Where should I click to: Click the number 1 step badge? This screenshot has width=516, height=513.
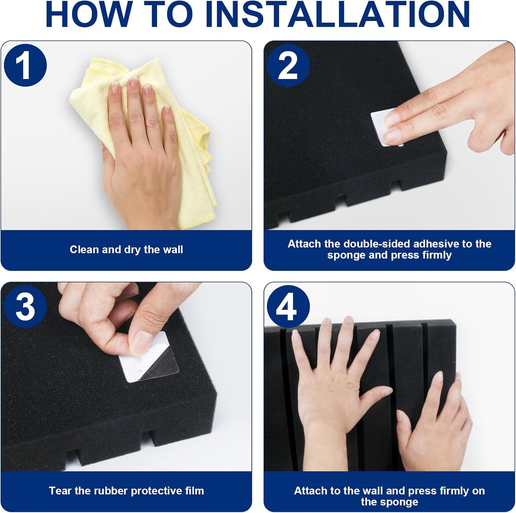pyautogui.click(x=25, y=65)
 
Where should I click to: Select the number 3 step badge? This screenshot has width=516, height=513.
pyautogui.click(x=25, y=307)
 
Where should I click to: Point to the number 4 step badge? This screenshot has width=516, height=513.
pyautogui.click(x=288, y=307)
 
